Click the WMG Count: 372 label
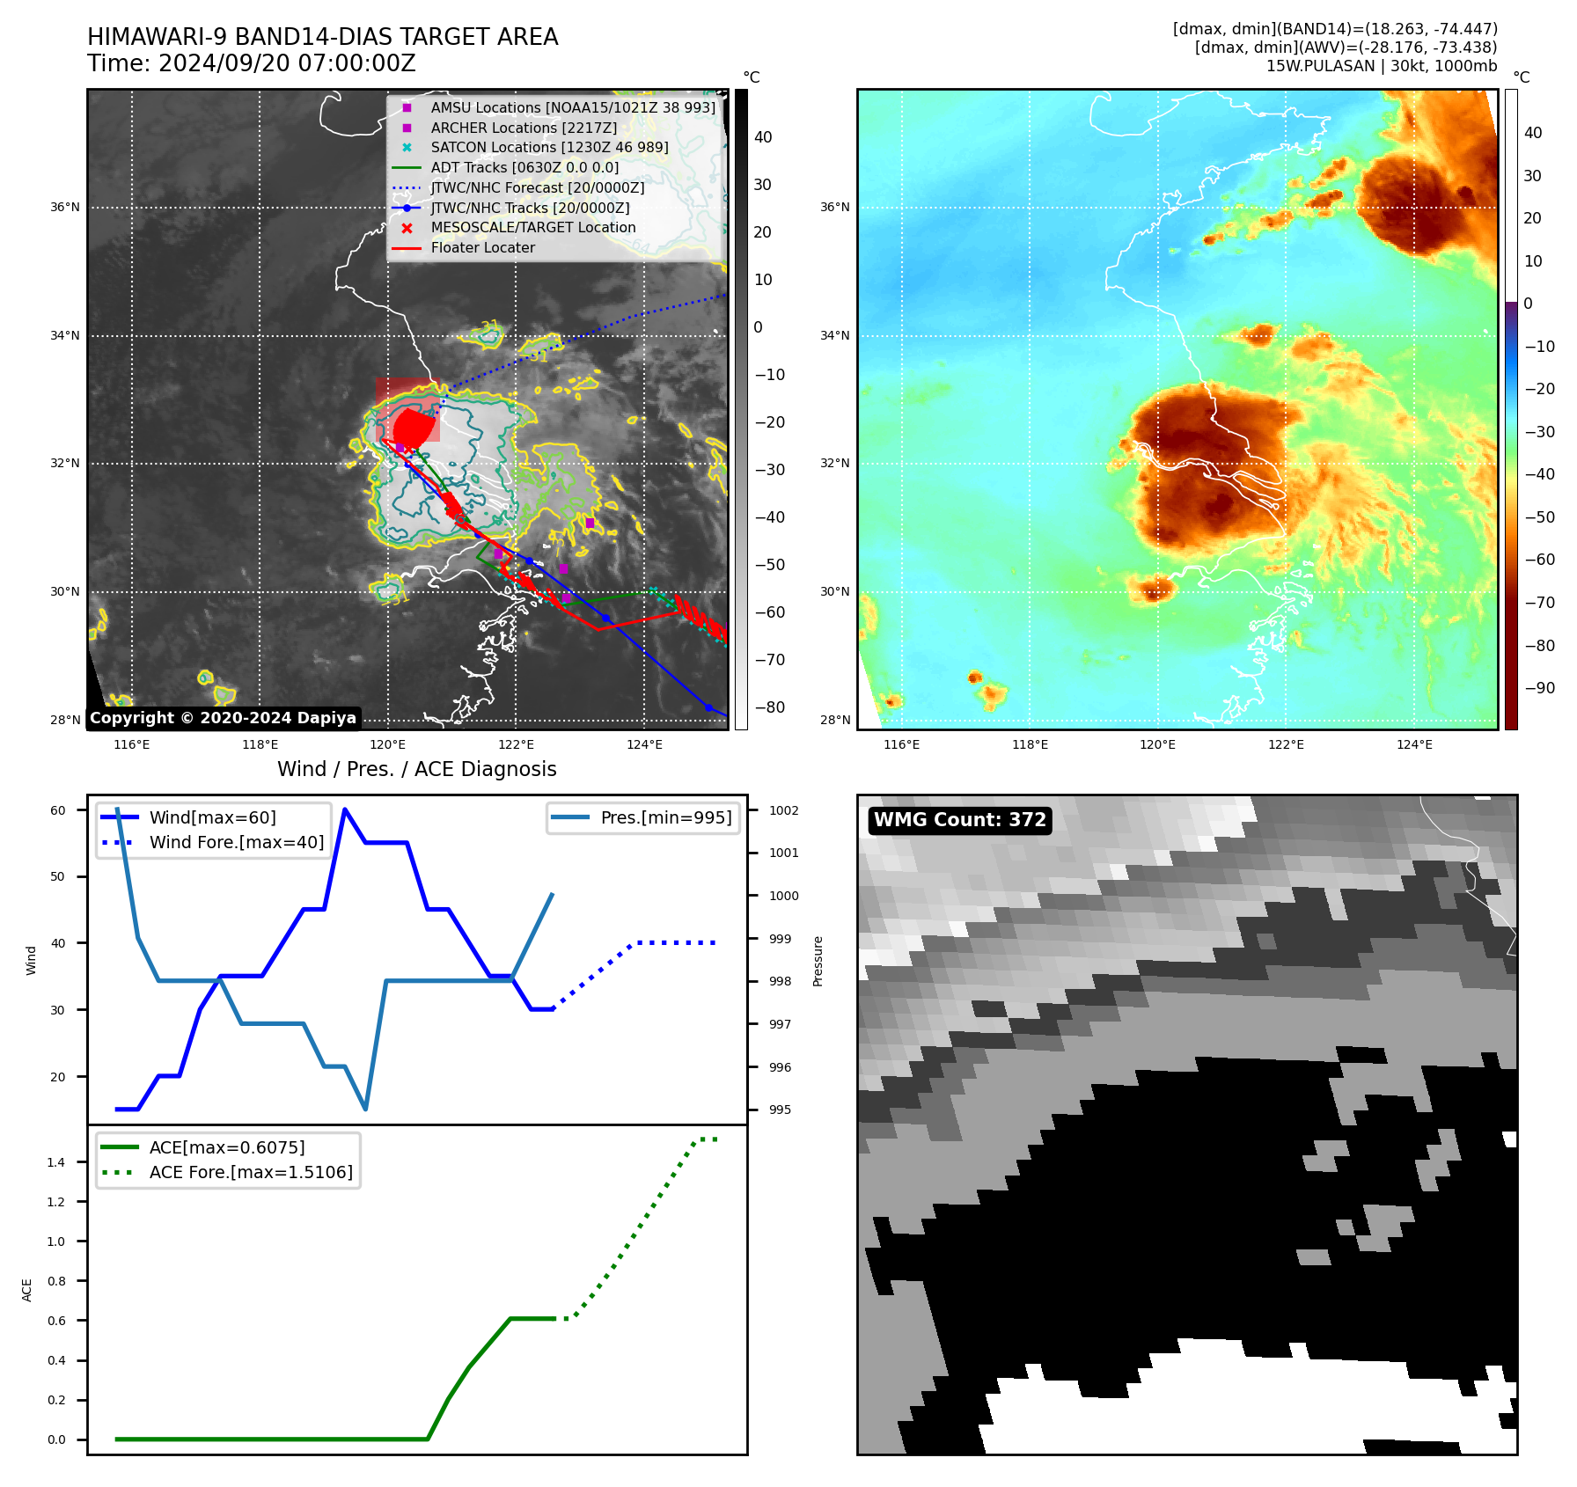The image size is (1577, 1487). [x=959, y=820]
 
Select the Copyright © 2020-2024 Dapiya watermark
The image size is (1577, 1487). [x=223, y=718]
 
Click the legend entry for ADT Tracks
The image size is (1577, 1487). [x=524, y=167]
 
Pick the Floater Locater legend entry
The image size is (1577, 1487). [x=482, y=247]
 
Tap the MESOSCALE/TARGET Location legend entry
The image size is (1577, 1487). [x=532, y=227]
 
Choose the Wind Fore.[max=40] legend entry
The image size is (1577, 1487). [x=236, y=842]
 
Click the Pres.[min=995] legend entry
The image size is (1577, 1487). [x=665, y=817]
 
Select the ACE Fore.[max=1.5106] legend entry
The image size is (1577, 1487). [x=251, y=1172]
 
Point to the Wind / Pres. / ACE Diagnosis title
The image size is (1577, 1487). [x=416, y=769]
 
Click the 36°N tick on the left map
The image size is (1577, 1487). [x=64, y=208]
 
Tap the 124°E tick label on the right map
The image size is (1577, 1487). [x=1414, y=744]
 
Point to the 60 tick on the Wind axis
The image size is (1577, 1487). [x=58, y=810]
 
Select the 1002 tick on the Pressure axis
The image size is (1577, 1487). [x=783, y=810]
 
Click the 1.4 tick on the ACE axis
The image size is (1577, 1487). [x=56, y=1162]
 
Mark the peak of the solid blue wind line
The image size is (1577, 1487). [x=345, y=809]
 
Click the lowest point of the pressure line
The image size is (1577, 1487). [x=365, y=1109]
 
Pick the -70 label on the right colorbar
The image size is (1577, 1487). [x=1539, y=603]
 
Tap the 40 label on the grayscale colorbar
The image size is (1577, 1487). [x=763, y=137]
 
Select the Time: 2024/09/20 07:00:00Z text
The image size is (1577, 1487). [x=252, y=63]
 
